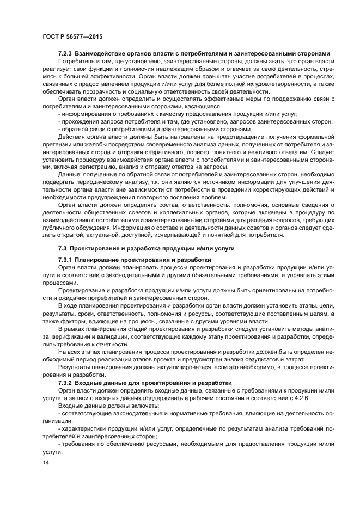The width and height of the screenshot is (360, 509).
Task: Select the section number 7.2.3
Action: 66,54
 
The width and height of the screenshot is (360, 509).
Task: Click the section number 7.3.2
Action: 66,383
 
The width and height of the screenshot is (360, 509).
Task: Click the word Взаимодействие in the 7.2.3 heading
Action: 102,54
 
